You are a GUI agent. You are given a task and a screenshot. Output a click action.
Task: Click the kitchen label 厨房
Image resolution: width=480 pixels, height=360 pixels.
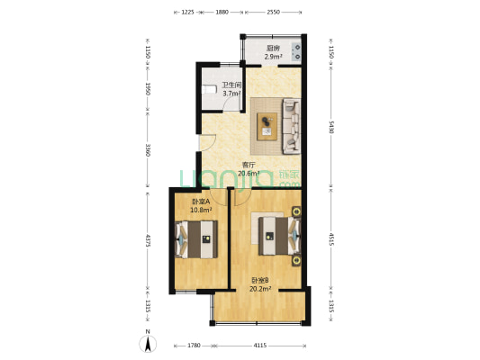click(273, 49)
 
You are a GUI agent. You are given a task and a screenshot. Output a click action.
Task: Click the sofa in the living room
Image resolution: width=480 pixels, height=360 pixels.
click(291, 126)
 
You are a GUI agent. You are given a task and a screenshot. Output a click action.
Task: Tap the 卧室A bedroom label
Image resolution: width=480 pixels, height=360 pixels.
click(201, 202)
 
